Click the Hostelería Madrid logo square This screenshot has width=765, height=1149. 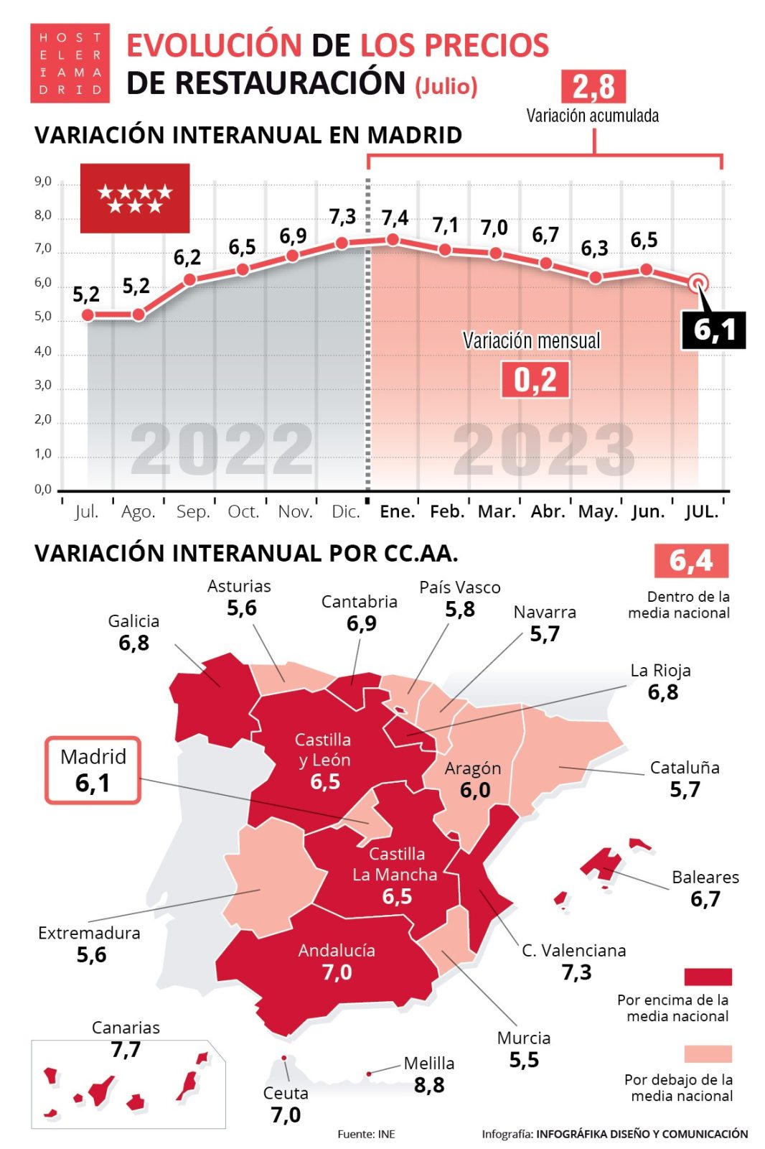pos(70,63)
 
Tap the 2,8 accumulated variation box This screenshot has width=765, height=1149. pos(593,87)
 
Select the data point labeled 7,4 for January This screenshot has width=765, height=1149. pos(392,239)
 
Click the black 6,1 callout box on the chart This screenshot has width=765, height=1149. pos(713,330)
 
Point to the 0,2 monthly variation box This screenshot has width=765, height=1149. pos(535,380)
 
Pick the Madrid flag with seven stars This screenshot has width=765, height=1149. pos(135,198)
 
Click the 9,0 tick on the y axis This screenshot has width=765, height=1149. pos(43,182)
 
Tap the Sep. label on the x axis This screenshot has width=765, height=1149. pos(193,512)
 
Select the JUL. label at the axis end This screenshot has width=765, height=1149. pos(700,512)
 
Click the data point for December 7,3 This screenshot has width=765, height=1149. pos(342,243)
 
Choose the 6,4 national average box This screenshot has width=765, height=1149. pos(690,561)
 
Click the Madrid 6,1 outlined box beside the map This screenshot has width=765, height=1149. pos(93,770)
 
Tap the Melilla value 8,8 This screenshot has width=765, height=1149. pos(429,1085)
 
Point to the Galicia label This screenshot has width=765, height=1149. pos(133,621)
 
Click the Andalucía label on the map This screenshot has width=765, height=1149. pos(337,951)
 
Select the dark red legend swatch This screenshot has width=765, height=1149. pos(708,977)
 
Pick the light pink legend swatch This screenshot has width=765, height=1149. pos(708,1053)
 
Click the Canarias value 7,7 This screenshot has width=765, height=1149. pos(126,1050)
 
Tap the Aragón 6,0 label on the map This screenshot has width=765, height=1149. pos(473,779)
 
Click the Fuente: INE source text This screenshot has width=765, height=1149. pos(366,1134)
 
